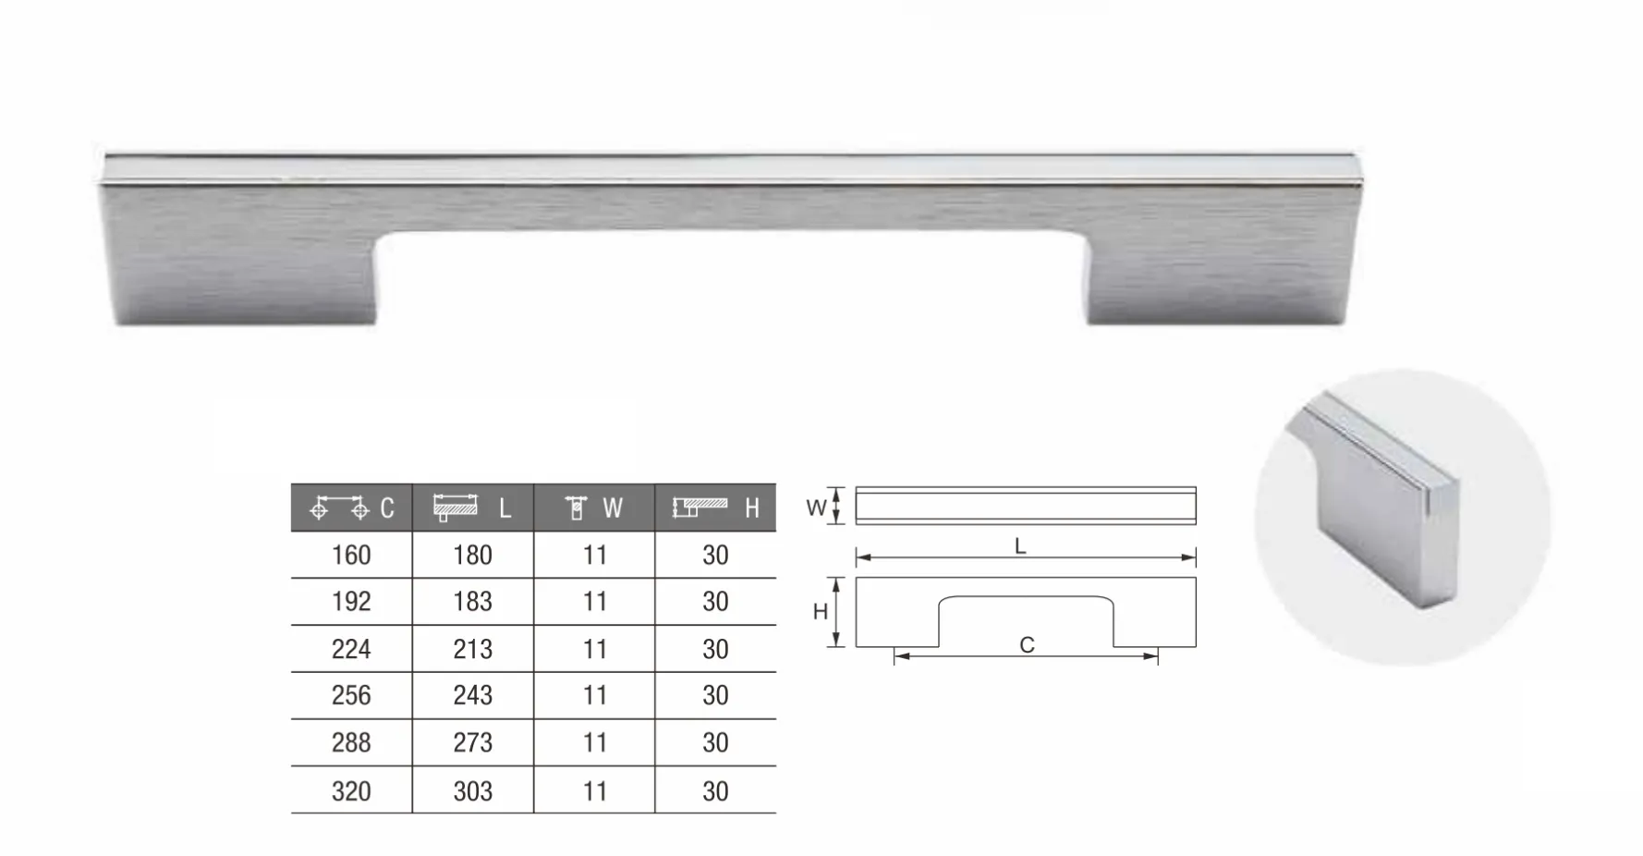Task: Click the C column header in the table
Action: point(352,507)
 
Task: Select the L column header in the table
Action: point(473,507)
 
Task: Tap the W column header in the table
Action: point(594,507)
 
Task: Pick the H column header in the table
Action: point(715,507)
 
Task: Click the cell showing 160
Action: point(351,556)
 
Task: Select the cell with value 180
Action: point(473,556)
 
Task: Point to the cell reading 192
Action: point(351,602)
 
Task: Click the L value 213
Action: point(473,649)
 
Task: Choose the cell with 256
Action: point(351,695)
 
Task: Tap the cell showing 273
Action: point(473,742)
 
